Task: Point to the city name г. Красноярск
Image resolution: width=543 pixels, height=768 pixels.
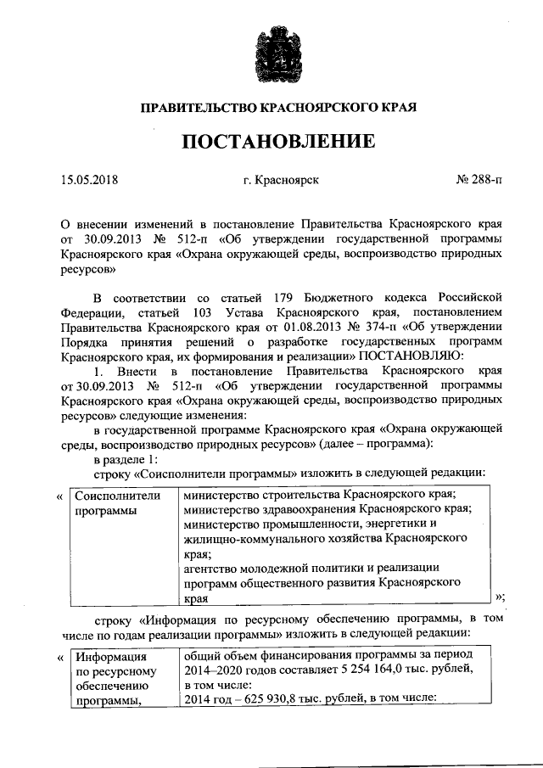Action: click(x=280, y=180)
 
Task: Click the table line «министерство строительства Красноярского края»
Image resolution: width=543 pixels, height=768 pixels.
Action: click(x=321, y=494)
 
